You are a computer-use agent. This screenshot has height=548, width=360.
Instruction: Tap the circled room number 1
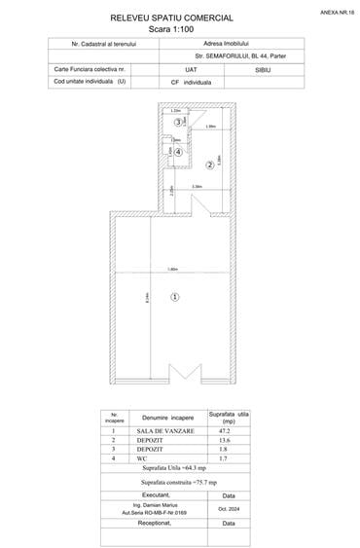coord(174,296)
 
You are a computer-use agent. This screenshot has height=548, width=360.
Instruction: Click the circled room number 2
coord(208,165)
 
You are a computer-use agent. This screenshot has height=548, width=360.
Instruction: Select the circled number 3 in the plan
coord(178,122)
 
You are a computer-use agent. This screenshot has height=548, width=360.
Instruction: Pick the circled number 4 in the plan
coord(178,153)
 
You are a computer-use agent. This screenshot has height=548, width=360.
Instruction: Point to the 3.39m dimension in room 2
coord(197,187)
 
